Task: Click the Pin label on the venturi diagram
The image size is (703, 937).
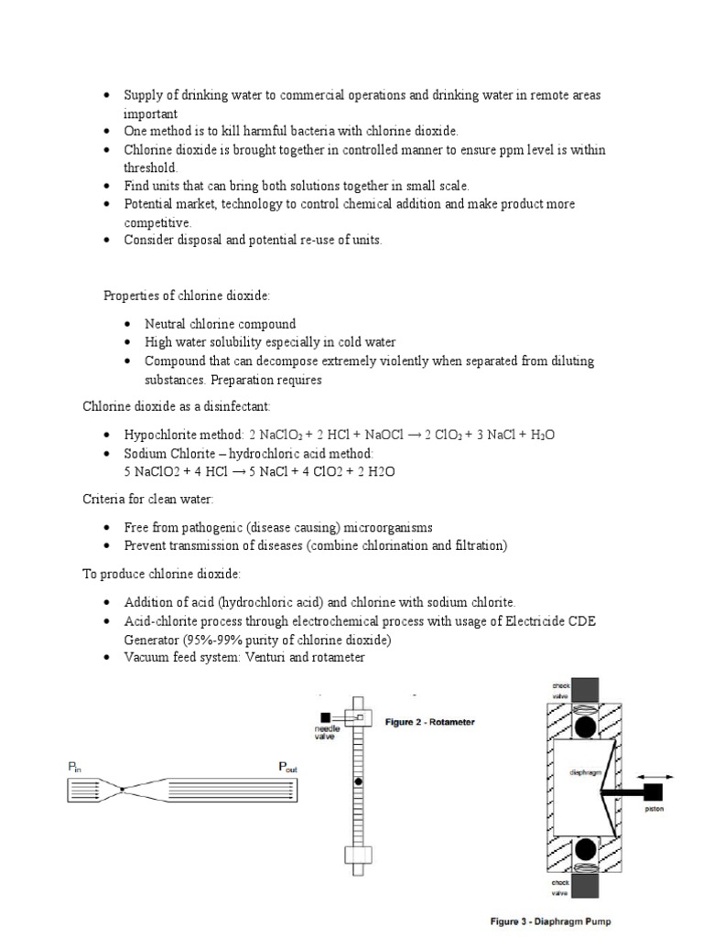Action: [x=75, y=769]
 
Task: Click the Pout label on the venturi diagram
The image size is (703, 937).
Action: [x=287, y=769]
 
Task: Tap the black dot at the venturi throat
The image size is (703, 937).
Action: [x=122, y=789]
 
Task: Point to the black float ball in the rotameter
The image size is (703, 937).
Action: [x=358, y=782]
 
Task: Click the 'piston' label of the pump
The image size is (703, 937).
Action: [x=654, y=808]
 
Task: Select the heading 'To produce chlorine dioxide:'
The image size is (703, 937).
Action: [x=162, y=573]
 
